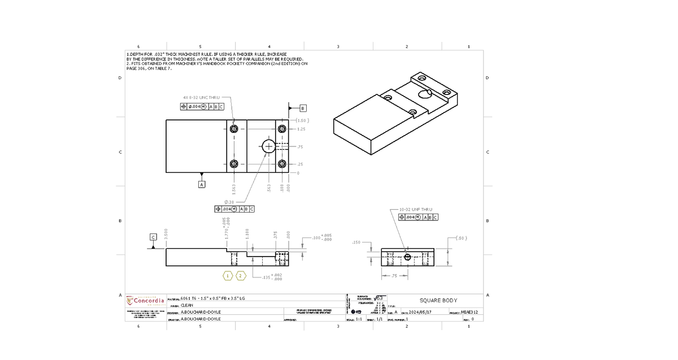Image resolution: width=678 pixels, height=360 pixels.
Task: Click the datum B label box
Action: pos(302,108)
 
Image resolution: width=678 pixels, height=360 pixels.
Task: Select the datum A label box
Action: pos(201,184)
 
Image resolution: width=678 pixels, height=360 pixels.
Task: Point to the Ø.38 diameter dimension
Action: pos(229,202)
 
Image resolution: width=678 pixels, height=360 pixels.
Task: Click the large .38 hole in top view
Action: pos(268,146)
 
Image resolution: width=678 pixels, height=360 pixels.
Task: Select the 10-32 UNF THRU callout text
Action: pos(415,210)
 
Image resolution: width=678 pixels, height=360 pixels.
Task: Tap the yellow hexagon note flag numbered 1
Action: pos(227,275)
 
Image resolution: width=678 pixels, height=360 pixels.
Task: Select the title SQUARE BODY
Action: pos(438,300)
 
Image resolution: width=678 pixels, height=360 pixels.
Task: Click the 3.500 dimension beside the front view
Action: pos(166,233)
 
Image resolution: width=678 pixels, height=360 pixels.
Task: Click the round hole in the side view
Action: pos(408,257)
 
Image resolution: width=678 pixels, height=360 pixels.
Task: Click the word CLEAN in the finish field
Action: pos(186,305)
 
